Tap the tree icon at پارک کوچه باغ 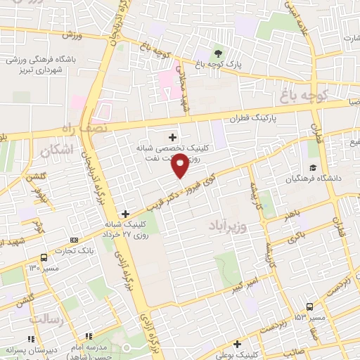pos(218,53)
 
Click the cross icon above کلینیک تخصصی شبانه pos(172,136)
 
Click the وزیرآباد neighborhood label pos(228,226)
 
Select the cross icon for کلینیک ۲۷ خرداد pos(125,214)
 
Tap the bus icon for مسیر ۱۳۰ pos(44,257)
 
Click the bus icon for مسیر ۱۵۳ pos(309,307)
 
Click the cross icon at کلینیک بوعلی pos(238,345)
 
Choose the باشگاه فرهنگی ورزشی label pos(39,60)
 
